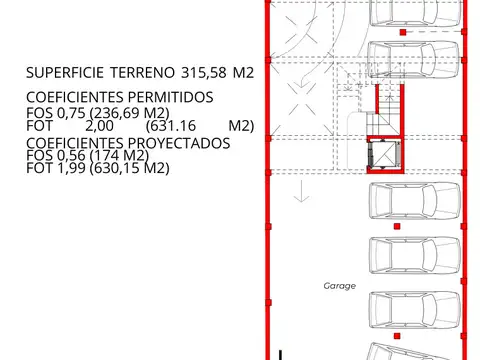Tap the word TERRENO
pyautogui.click(x=148, y=73)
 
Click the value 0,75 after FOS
pyautogui.click(x=71, y=112)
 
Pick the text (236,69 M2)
pyautogui.click(x=126, y=112)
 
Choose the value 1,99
pyautogui.click(x=70, y=169)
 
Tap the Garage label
pyautogui.click(x=339, y=285)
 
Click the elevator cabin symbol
pyautogui.click(x=384, y=157)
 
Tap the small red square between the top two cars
pyautogui.click(x=402, y=33)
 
